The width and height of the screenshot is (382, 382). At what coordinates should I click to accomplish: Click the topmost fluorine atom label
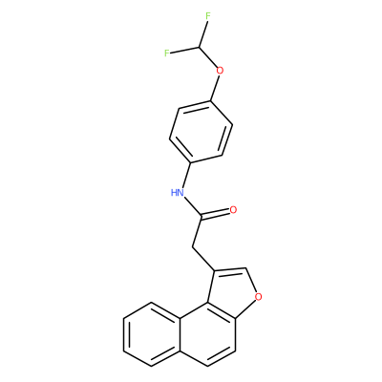tap(208, 16)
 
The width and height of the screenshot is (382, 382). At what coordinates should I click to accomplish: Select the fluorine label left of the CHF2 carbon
tap(166, 53)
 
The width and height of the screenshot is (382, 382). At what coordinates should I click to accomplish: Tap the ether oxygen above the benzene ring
tap(220, 70)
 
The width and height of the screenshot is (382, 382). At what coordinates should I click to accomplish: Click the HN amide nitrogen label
tap(178, 192)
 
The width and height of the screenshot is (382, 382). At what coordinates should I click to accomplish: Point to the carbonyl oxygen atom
tap(233, 210)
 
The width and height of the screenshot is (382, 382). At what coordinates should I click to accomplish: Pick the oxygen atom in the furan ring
tap(259, 297)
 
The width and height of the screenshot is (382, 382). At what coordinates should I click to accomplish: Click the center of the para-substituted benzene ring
tap(201, 132)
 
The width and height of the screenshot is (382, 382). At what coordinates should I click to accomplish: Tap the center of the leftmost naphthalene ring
tap(150, 334)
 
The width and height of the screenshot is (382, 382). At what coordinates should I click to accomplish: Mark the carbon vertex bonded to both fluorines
tap(201, 48)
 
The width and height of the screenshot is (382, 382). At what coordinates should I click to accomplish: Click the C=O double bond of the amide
tap(216, 214)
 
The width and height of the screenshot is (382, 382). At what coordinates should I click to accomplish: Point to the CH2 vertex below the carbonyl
tap(192, 247)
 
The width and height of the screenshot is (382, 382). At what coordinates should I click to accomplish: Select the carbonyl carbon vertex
tap(202, 218)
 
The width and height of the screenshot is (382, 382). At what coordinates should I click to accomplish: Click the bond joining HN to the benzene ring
tap(186, 175)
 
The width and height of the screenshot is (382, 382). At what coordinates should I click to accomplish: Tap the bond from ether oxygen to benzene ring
tap(214, 88)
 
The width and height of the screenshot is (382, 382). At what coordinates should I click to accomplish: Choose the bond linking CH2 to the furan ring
tap(203, 259)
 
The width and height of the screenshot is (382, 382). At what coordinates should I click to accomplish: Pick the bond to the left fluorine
tap(185, 50)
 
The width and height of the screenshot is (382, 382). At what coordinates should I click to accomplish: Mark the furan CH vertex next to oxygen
tap(246, 268)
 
